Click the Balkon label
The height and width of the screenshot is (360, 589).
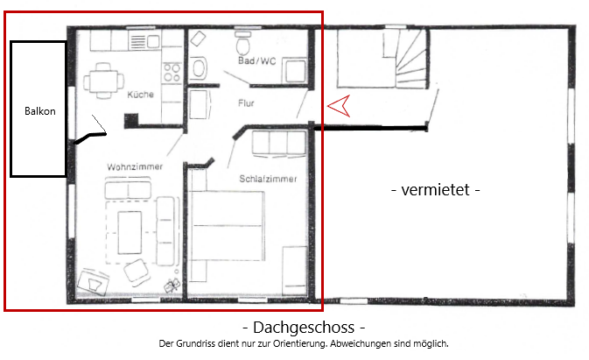tap(39, 112)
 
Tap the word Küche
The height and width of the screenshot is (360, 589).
tap(140, 95)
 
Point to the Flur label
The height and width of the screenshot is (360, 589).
tap(248, 103)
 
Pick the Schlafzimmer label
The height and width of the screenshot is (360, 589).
tap(268, 179)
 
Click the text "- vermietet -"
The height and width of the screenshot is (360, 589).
tap(434, 189)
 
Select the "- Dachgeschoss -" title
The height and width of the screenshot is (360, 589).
tap(302, 328)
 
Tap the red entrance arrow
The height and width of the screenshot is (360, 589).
tap(340, 106)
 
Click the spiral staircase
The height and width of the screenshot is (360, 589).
tap(406, 66)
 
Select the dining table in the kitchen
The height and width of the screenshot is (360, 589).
tap(102, 81)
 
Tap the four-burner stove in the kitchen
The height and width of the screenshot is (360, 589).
tap(171, 67)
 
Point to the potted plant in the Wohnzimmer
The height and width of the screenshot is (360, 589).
tap(172, 285)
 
